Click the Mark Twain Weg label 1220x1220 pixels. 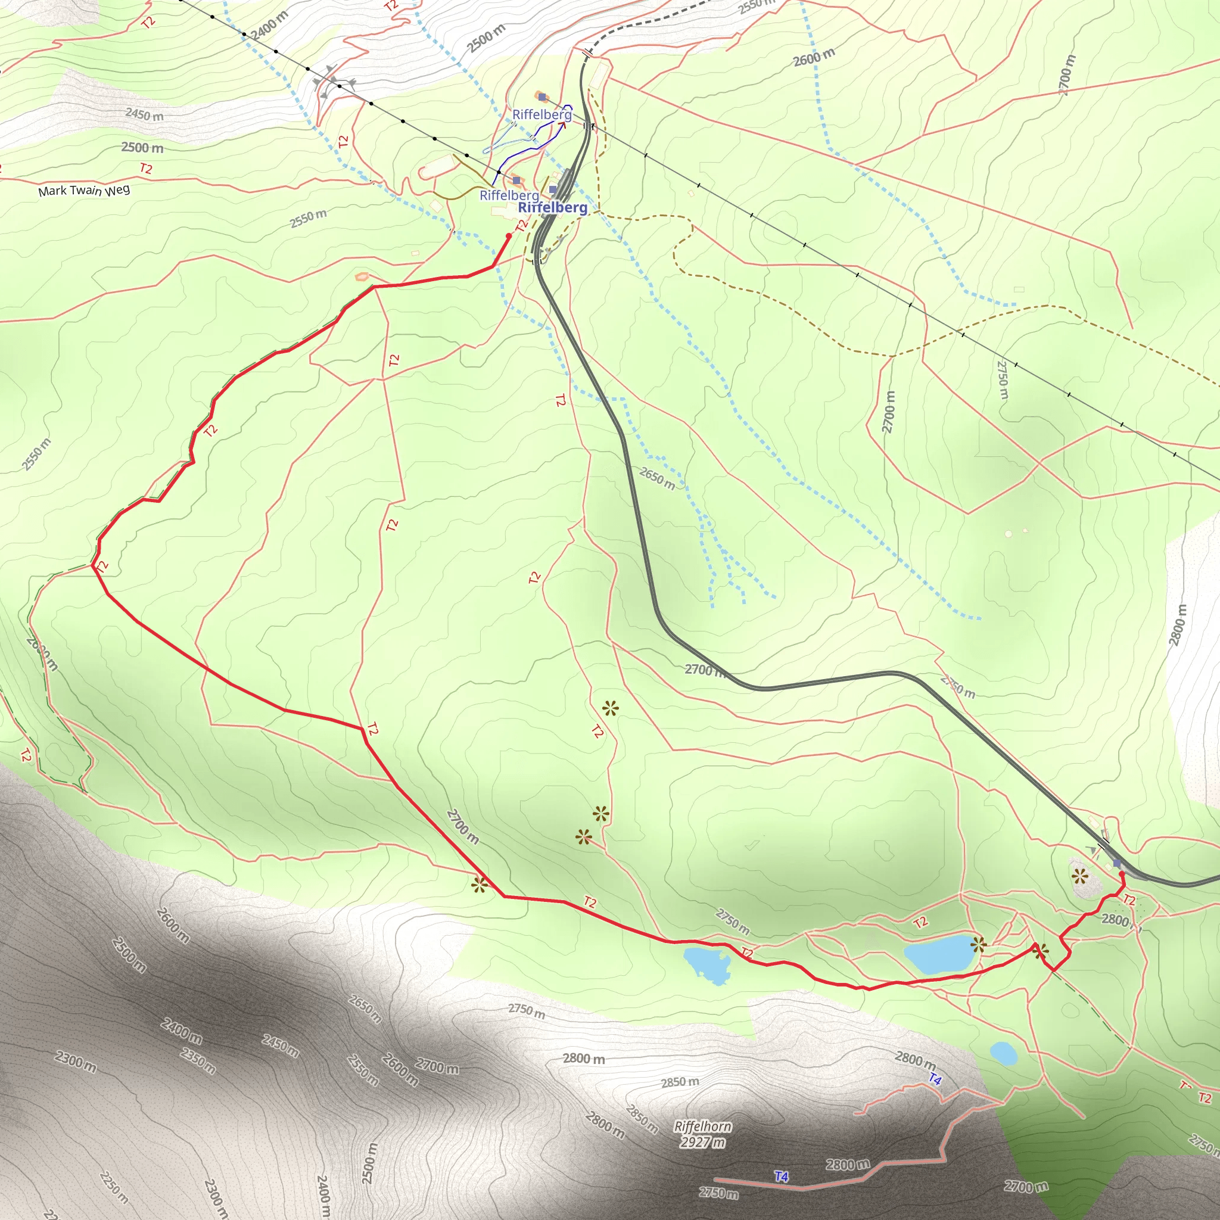[84, 190]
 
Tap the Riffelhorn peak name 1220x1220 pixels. [702, 1126]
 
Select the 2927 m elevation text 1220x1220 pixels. [702, 1142]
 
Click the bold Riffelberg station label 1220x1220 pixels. [553, 208]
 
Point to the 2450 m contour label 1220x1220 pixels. [144, 115]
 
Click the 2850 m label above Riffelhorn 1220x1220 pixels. [680, 1082]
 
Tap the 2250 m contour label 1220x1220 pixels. [114, 1187]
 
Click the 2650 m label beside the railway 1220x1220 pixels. [656, 477]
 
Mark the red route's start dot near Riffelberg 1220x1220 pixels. [509, 236]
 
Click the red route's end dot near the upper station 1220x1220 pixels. [1122, 874]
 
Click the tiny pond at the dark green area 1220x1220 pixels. [1003, 1053]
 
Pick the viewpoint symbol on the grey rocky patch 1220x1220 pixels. [1080, 876]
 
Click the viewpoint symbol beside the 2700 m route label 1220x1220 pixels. [480, 885]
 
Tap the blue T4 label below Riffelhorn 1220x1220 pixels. [781, 1177]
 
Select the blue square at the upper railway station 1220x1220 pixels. [1117, 863]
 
